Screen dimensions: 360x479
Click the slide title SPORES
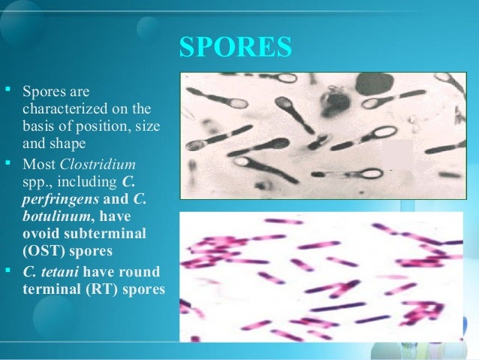coord(234,48)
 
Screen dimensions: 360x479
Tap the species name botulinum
coord(52,215)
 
